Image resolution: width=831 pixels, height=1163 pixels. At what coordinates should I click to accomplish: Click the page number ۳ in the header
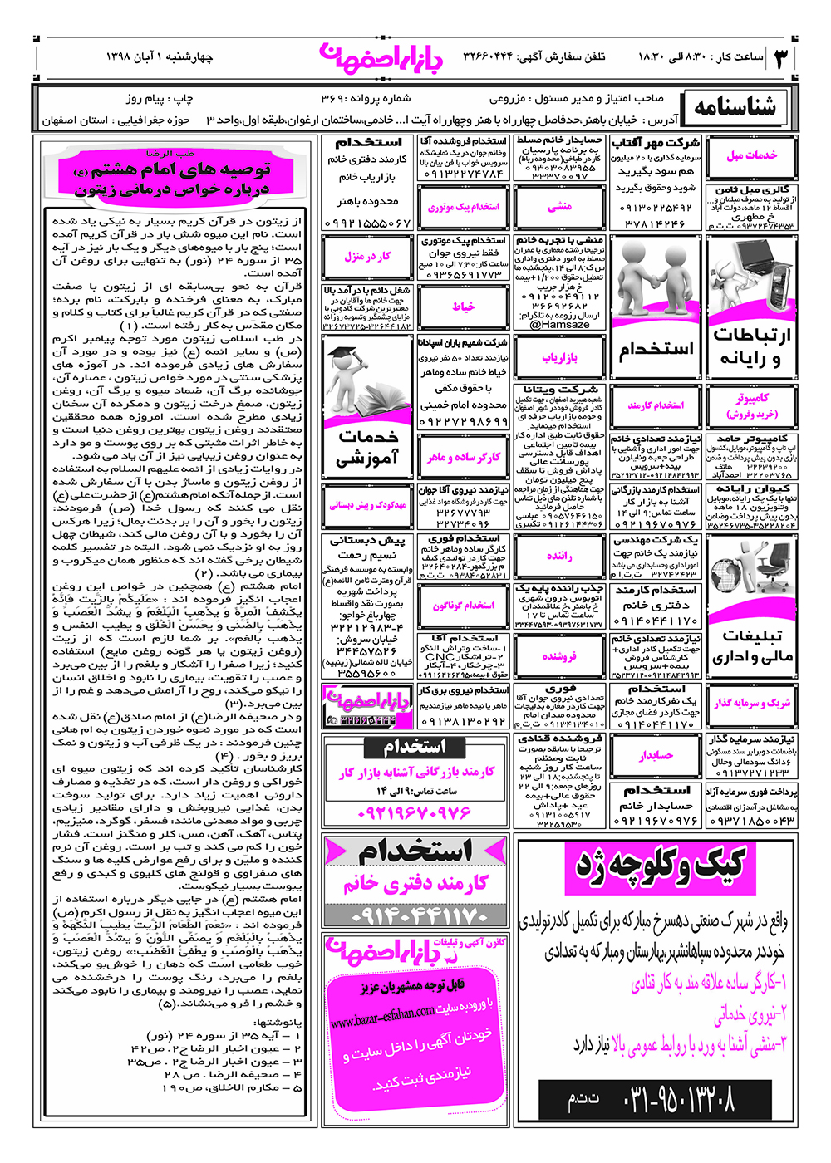pyautogui.click(x=781, y=58)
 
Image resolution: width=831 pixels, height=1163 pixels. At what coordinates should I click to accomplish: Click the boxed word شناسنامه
pyautogui.click(x=735, y=108)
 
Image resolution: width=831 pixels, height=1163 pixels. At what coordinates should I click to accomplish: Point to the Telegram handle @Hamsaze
pyautogui.click(x=559, y=325)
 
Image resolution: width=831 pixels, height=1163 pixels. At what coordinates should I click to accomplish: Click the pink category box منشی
pyautogui.click(x=559, y=207)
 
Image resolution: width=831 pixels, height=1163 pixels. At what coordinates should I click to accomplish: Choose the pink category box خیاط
pyautogui.click(x=464, y=307)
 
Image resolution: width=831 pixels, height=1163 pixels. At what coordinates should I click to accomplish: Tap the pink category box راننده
pyautogui.click(x=559, y=556)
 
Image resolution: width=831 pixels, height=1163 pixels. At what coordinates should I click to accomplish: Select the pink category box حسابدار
pyautogui.click(x=656, y=755)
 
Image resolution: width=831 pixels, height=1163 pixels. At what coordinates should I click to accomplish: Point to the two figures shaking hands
pyautogui.click(x=656, y=287)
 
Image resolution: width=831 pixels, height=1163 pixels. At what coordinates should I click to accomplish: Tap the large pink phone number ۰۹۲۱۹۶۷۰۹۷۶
pyautogui.click(x=415, y=812)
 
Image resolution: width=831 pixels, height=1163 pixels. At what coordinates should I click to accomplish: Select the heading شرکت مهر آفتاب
pyautogui.click(x=656, y=143)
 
